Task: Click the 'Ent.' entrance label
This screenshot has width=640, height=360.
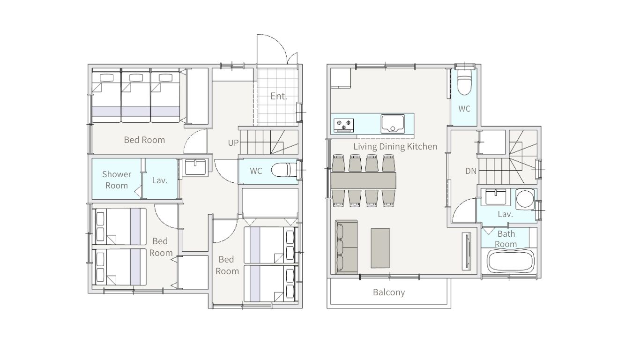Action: tap(279, 96)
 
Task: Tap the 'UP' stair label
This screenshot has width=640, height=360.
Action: tap(233, 142)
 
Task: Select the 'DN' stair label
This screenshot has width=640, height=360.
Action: tap(471, 171)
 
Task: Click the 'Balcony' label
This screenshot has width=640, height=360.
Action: tap(389, 292)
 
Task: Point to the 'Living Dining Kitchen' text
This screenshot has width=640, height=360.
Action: tap(395, 146)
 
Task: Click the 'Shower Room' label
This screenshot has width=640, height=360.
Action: tap(117, 180)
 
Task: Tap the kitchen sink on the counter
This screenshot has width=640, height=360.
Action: tap(393, 124)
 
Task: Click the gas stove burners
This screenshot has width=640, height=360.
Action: tap(344, 125)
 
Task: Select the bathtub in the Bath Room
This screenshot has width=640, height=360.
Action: tap(510, 262)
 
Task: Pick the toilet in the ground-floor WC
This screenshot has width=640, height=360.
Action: tap(284, 171)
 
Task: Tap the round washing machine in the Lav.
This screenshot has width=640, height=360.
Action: tap(525, 199)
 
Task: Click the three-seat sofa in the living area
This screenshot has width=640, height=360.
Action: tap(346, 247)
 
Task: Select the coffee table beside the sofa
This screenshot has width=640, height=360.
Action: tap(380, 248)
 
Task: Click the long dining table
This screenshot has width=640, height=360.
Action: tap(364, 180)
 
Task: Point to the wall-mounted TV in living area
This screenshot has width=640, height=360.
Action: tap(467, 251)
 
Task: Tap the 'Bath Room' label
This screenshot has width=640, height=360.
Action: tap(506, 239)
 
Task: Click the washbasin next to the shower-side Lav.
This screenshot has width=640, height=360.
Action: tap(195, 167)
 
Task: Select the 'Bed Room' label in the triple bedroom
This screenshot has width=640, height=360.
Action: tap(144, 140)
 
